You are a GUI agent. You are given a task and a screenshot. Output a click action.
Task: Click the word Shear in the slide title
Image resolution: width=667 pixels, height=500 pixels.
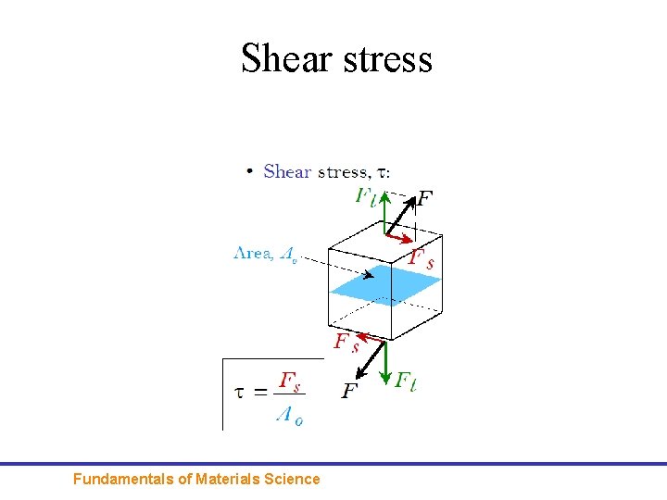tap(286, 58)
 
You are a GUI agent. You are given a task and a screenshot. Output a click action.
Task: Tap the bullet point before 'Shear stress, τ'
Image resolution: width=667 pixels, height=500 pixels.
tap(249, 172)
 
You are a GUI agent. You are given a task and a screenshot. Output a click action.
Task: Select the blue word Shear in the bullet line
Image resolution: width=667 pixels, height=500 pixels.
tap(287, 171)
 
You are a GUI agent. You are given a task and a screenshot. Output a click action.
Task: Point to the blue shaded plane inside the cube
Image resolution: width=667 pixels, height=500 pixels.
tap(385, 286)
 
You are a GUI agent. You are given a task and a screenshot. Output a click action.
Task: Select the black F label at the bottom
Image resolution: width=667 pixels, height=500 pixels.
tap(350, 392)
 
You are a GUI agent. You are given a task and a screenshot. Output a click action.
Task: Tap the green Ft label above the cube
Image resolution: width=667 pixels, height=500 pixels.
tap(366, 196)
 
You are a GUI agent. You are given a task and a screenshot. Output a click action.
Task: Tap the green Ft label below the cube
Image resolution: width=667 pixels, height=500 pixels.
tap(406, 381)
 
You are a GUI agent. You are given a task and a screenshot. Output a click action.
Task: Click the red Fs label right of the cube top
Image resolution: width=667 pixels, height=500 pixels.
tap(421, 259)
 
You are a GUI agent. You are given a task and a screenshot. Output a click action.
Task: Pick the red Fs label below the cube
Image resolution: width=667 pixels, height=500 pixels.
tap(346, 344)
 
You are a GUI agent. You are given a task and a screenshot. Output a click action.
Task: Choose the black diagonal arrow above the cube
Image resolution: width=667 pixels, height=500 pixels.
tap(399, 213)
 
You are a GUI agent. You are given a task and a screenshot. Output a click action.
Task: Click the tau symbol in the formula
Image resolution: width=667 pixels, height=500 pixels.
tap(240, 393)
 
